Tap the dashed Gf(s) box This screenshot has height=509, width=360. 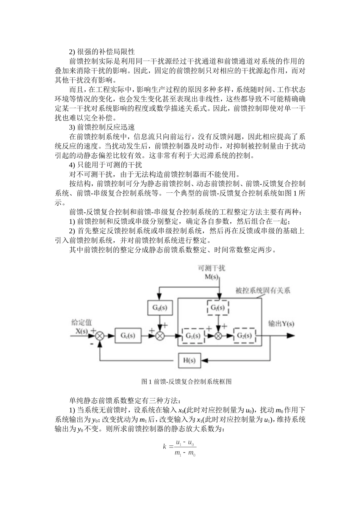click(x=218, y=308)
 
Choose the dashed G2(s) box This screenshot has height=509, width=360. click(x=244, y=336)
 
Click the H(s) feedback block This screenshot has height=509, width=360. click(x=189, y=360)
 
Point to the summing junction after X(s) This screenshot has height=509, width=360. click(x=100, y=336)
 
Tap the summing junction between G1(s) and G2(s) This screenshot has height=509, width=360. click(x=218, y=336)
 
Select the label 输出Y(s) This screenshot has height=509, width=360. click(x=281, y=324)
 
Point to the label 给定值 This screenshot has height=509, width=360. click(x=81, y=323)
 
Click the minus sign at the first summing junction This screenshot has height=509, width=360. click(x=92, y=344)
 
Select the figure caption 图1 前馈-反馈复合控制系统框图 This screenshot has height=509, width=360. click(x=186, y=381)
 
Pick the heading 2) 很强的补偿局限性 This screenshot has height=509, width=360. click(x=102, y=52)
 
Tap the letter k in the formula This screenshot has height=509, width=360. click(x=165, y=447)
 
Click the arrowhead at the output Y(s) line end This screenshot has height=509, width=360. click(x=291, y=336)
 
